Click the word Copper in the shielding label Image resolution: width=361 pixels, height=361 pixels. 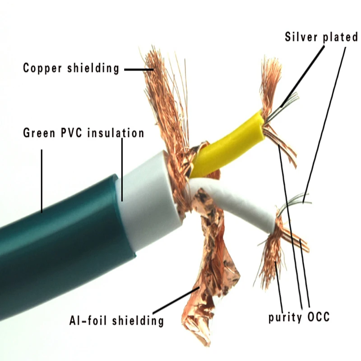tap(42, 69)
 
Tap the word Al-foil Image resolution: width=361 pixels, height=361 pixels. tap(88, 321)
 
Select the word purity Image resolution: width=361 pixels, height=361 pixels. tap(285, 317)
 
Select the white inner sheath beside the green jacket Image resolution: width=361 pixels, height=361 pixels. tap(149, 203)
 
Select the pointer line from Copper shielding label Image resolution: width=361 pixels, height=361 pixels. tap(138, 69)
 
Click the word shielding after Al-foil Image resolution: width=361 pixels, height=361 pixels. tap(140, 321)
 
